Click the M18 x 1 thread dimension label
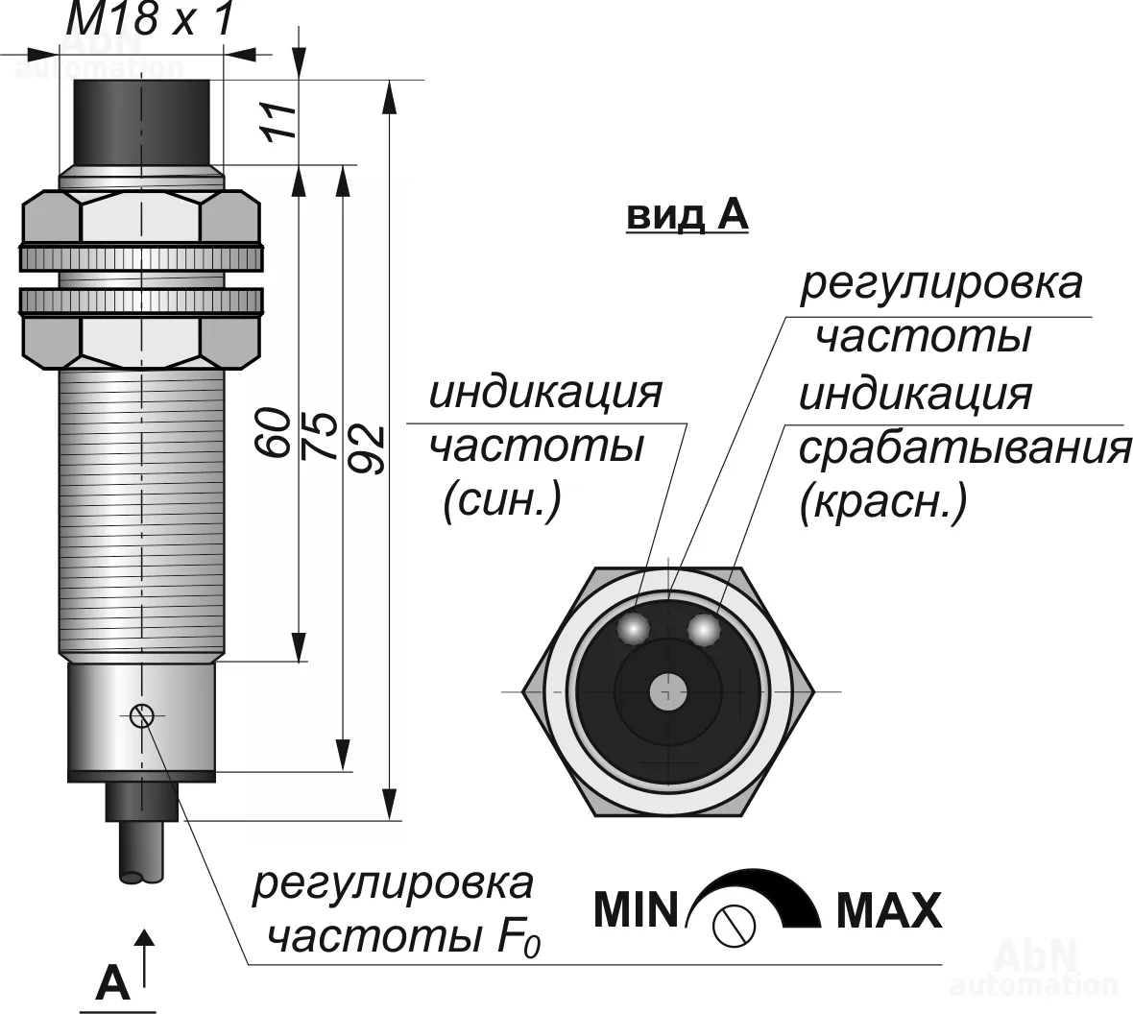(151, 18)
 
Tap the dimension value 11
(278, 121)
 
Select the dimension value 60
(274, 432)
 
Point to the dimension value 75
(321, 436)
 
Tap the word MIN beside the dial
(636, 909)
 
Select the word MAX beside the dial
(889, 910)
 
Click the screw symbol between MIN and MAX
(735, 925)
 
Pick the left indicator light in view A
(634, 628)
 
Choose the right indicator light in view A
(704, 628)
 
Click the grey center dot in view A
(668, 691)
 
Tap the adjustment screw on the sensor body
(142, 715)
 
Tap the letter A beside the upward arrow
(112, 983)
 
